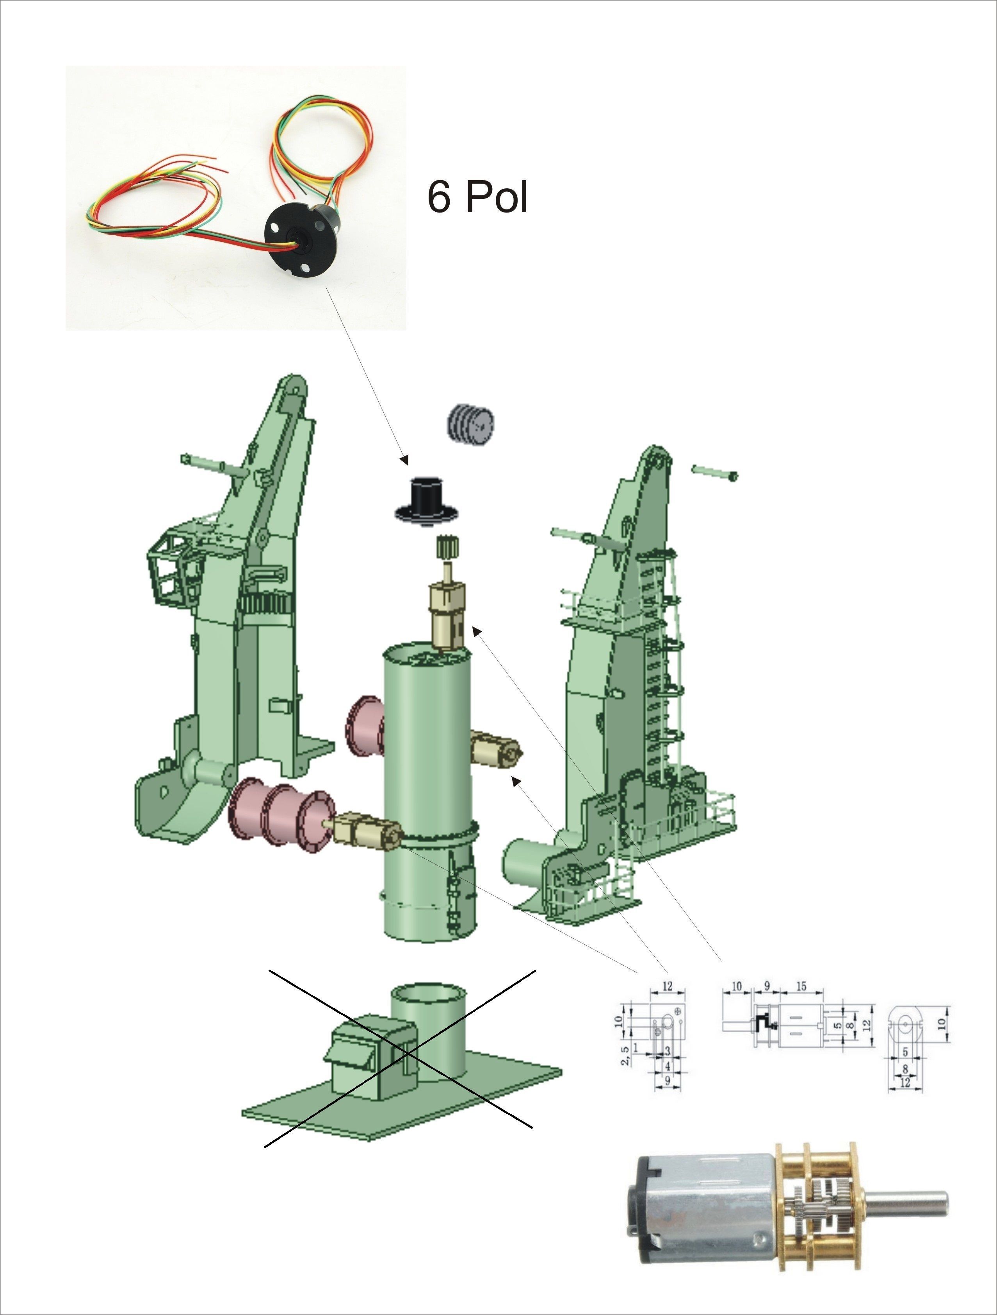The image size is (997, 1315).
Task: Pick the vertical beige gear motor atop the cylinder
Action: [x=448, y=616]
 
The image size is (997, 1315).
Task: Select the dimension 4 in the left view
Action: [x=668, y=1067]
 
